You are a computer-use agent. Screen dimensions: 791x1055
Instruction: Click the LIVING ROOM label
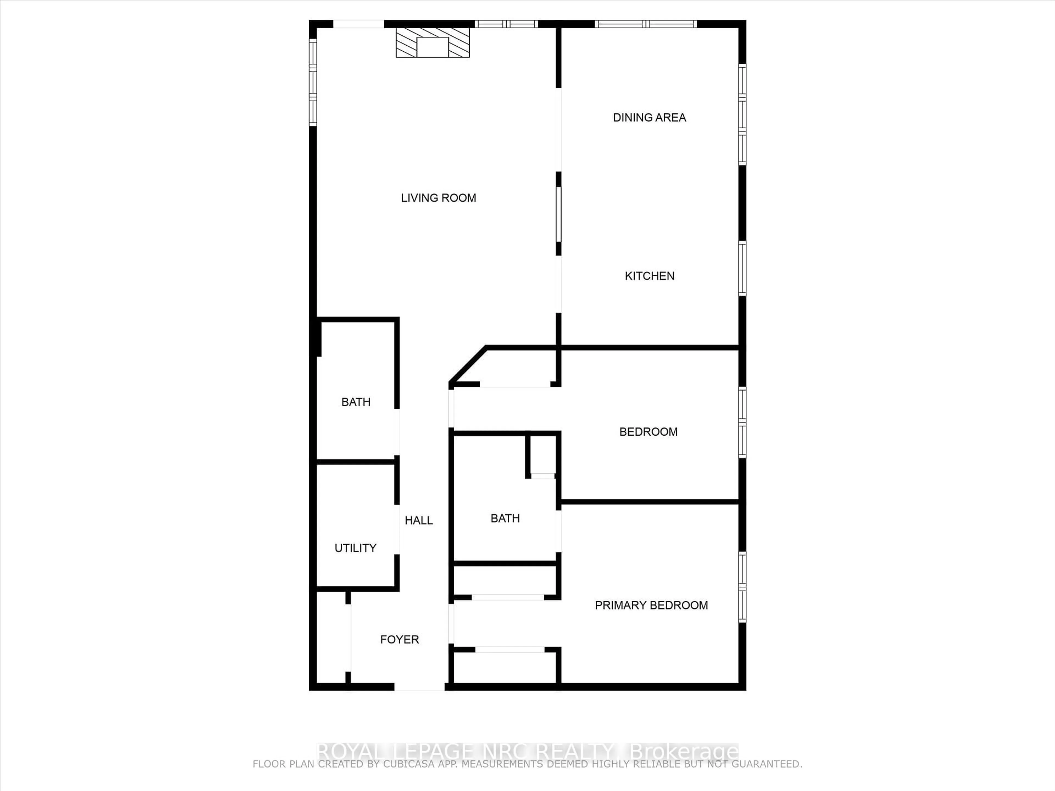pyautogui.click(x=438, y=198)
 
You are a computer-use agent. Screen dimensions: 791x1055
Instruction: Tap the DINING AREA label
pyautogui.click(x=649, y=118)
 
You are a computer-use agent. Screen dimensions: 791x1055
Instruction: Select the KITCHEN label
pyautogui.click(x=649, y=276)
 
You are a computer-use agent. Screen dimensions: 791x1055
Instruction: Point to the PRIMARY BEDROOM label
pyautogui.click(x=651, y=606)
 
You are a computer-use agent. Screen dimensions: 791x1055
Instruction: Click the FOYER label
pyautogui.click(x=399, y=639)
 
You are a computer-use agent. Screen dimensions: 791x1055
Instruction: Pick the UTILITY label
pyautogui.click(x=355, y=548)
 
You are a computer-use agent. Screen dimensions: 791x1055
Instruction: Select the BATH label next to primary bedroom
pyautogui.click(x=505, y=518)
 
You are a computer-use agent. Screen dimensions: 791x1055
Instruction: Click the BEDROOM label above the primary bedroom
pyautogui.click(x=648, y=432)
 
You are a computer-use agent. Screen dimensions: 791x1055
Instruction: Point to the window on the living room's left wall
pyautogui.click(x=313, y=82)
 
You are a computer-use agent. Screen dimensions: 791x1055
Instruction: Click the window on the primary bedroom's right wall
pyautogui.click(x=742, y=587)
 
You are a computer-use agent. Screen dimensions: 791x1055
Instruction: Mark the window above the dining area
pyautogui.click(x=646, y=24)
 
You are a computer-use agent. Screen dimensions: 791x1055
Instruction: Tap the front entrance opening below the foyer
pyautogui.click(x=419, y=687)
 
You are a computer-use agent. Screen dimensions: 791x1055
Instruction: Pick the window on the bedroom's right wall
pyautogui.click(x=742, y=422)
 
